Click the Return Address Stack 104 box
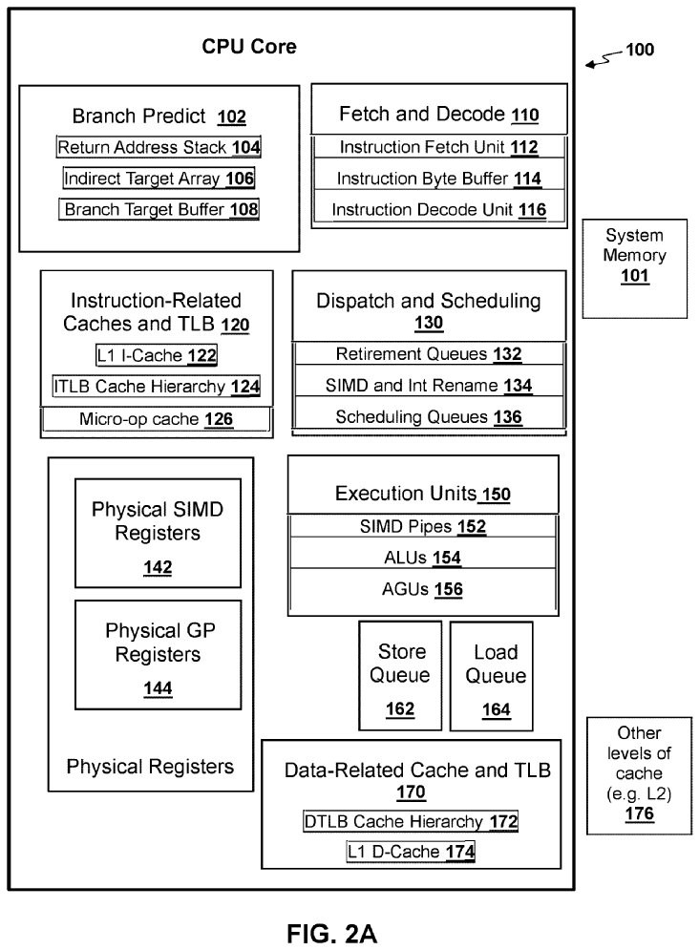click(x=159, y=148)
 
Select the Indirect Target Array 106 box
click(x=159, y=179)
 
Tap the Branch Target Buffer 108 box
click(x=159, y=209)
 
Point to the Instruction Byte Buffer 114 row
click(x=438, y=179)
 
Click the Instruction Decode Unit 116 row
click(x=438, y=209)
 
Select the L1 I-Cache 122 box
click(x=157, y=356)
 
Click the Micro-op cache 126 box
click(x=157, y=419)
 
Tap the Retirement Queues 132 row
click(x=429, y=354)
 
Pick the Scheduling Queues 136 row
click(x=429, y=417)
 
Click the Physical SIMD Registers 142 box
click(x=158, y=537)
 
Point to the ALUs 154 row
click(x=422, y=556)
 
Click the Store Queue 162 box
click(x=400, y=676)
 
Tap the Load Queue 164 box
click(x=492, y=676)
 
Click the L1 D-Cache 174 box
click(x=411, y=851)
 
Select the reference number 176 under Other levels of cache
click(x=639, y=814)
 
